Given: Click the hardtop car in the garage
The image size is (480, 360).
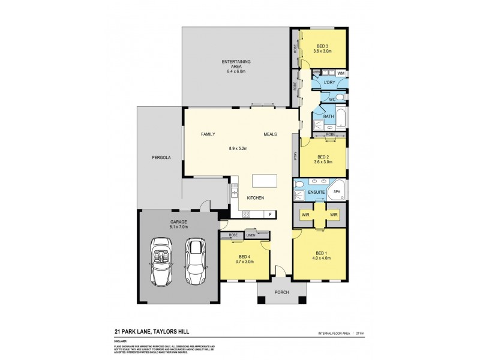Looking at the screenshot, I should click(x=196, y=261).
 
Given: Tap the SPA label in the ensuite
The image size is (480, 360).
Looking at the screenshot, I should click(x=337, y=192).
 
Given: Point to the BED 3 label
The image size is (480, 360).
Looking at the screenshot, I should click(x=323, y=46).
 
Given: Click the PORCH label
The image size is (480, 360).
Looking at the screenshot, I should click(x=281, y=292).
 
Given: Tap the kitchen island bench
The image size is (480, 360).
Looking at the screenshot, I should click(x=264, y=181).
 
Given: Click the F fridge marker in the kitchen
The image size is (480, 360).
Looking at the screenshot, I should click(x=271, y=214).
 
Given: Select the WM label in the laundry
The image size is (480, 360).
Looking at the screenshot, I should click(x=340, y=73).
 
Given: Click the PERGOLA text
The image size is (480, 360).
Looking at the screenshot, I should click(x=161, y=158).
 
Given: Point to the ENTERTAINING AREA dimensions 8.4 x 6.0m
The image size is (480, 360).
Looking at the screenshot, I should click(x=236, y=71).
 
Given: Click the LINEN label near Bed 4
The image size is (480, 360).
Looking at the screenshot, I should click(x=251, y=235).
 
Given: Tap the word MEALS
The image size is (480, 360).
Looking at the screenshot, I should click(x=269, y=134).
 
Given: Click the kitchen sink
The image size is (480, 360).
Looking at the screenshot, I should click(x=233, y=192).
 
